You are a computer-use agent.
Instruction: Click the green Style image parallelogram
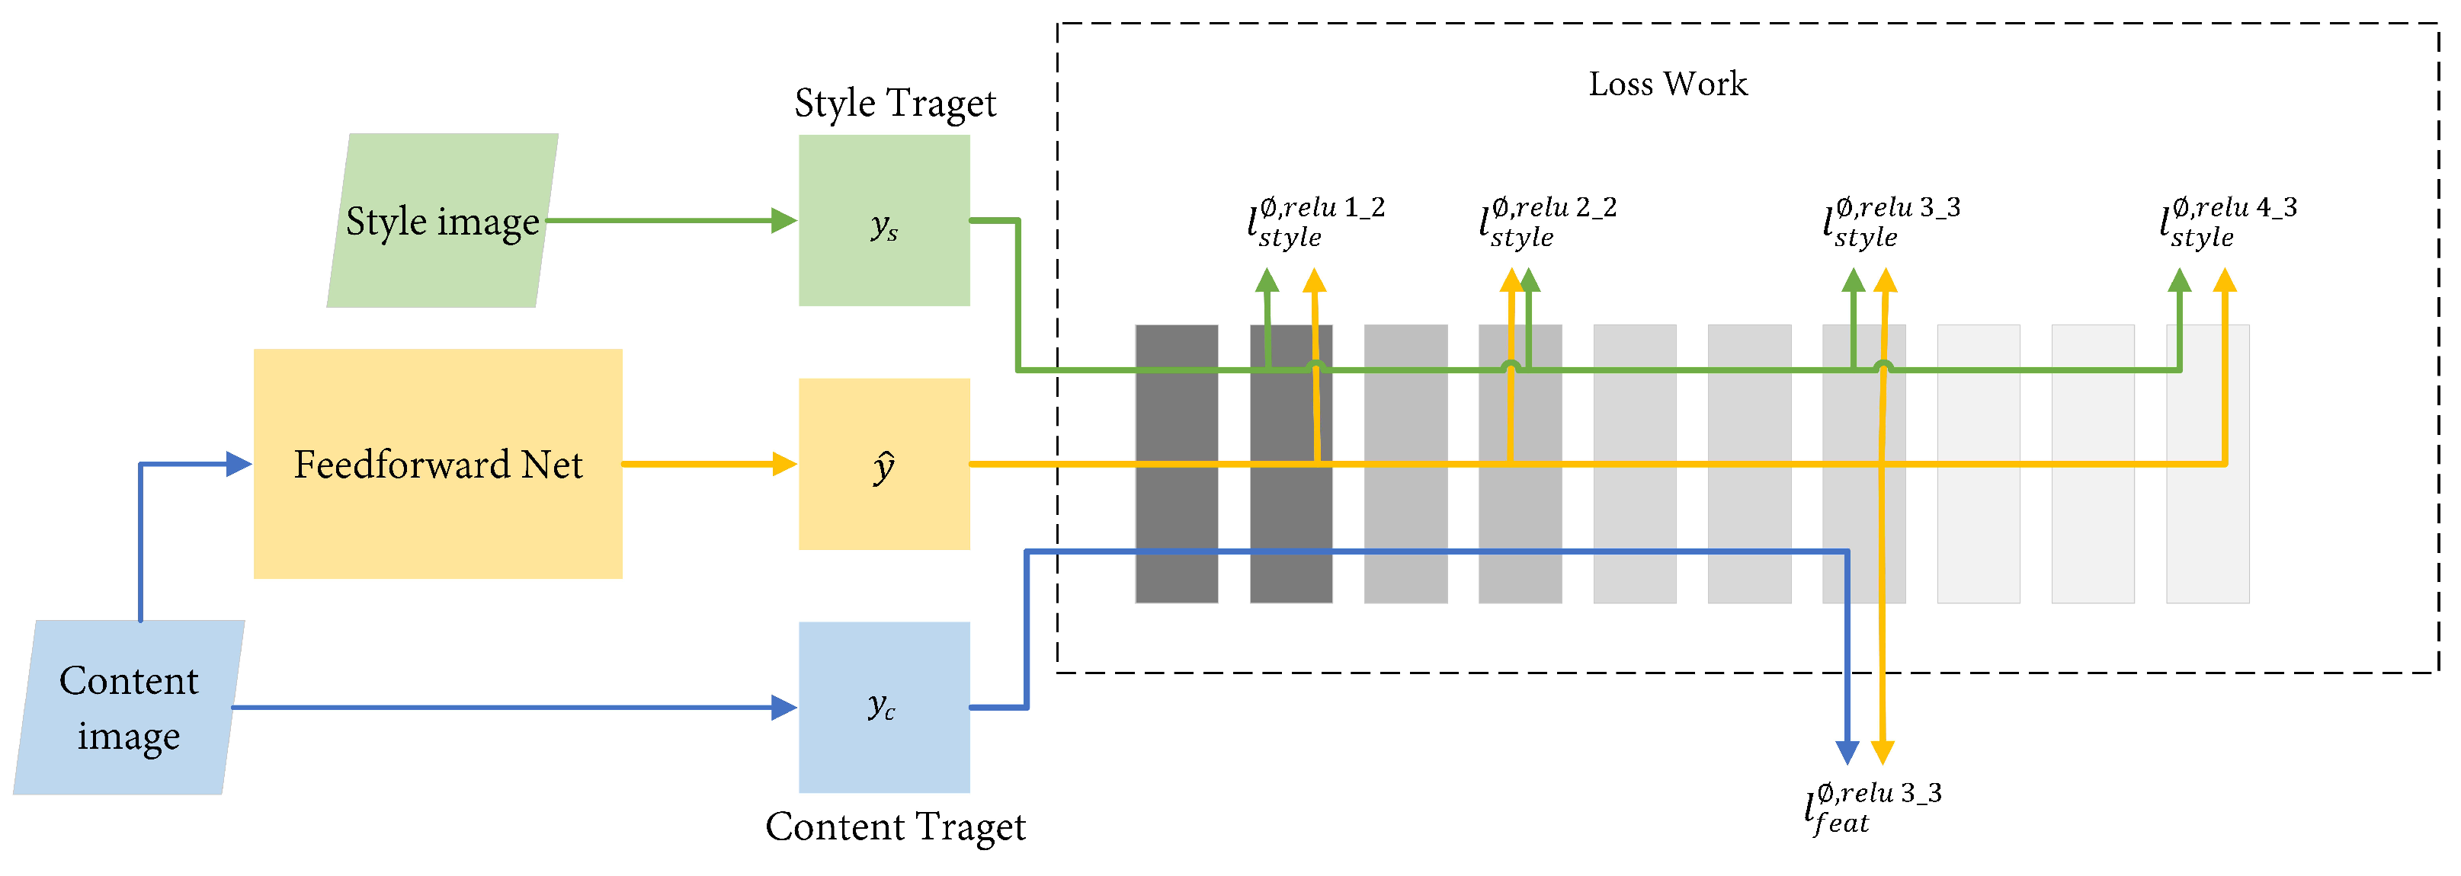[442, 221]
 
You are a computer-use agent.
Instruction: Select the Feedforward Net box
[437, 463]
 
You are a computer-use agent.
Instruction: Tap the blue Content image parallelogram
[129, 708]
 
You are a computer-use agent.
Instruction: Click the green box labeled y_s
[883, 221]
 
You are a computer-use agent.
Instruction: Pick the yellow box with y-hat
[883, 464]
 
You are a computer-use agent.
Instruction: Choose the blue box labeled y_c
[883, 708]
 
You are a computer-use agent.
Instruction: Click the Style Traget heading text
[896, 103]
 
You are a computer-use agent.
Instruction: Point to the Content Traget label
[896, 826]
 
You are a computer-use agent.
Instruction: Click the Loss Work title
[1667, 84]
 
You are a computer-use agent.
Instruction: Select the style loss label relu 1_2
[1315, 222]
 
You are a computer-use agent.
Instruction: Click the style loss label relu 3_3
[1891, 222]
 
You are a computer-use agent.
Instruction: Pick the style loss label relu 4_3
[2228, 222]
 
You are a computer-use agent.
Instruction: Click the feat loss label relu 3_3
[1872, 808]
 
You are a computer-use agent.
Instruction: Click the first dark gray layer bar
[1176, 463]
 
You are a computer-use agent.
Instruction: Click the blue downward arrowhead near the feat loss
[1847, 752]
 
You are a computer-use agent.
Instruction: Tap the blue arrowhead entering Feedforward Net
[238, 464]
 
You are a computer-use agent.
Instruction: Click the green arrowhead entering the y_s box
[783, 221]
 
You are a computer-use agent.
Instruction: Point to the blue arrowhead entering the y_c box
[783, 708]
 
